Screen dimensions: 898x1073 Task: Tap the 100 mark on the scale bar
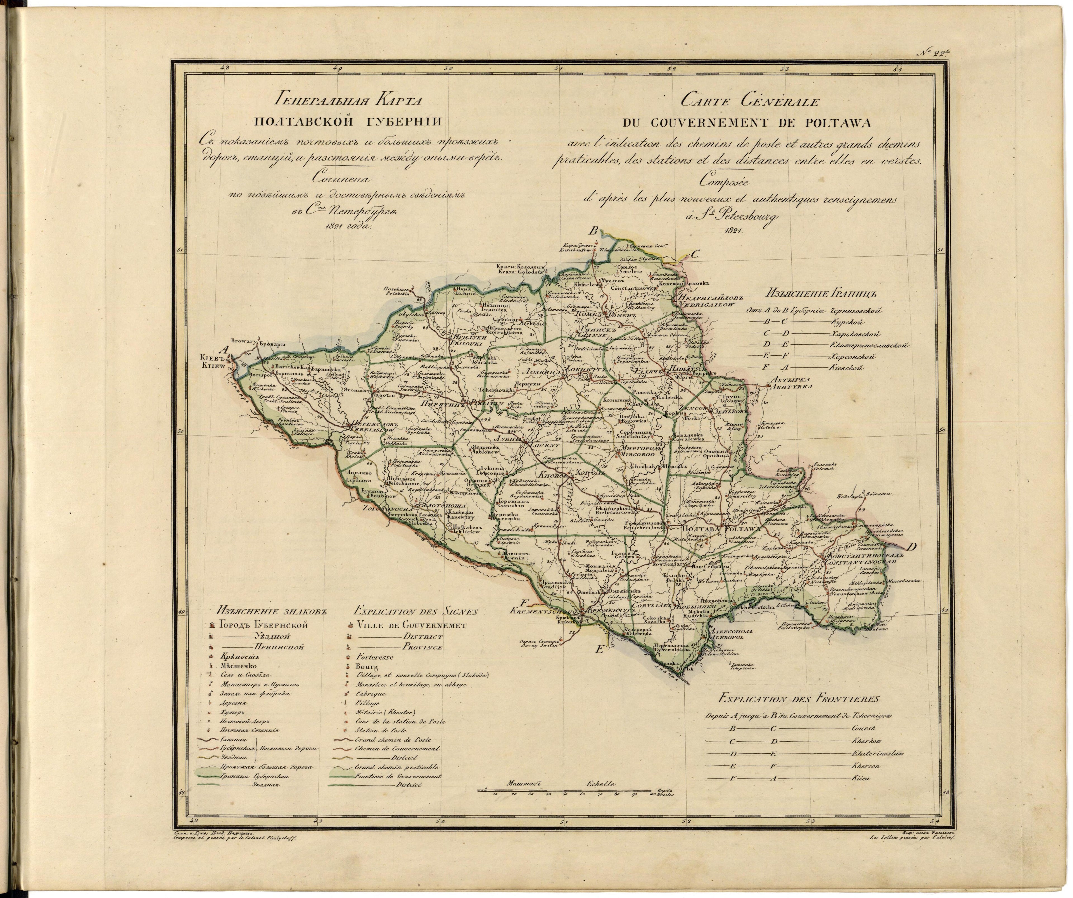coord(652,794)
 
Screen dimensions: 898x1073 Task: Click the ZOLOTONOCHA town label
coord(387,509)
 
